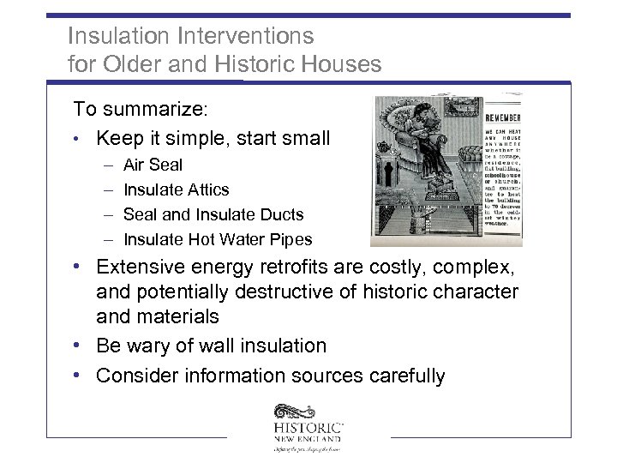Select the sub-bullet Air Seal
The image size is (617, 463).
[x=153, y=164]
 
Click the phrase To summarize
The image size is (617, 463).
[x=129, y=109]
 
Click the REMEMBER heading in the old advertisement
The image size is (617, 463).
[x=503, y=117]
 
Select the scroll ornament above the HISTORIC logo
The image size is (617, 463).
[x=295, y=411]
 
